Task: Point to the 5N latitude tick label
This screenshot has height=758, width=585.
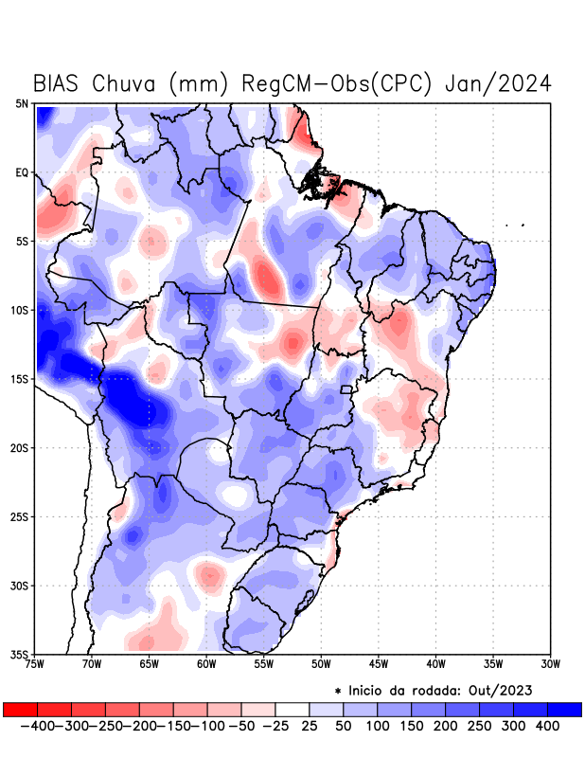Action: pyautogui.click(x=22, y=103)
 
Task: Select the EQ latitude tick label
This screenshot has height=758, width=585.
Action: pyautogui.click(x=22, y=172)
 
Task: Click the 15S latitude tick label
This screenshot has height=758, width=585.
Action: pyautogui.click(x=20, y=379)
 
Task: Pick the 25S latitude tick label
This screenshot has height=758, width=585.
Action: pyautogui.click(x=20, y=516)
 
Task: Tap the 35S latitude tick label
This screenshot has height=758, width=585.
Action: pyautogui.click(x=20, y=654)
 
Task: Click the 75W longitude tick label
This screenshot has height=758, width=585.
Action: pyautogui.click(x=36, y=664)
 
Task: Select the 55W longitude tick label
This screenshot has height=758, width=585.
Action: pyautogui.click(x=264, y=664)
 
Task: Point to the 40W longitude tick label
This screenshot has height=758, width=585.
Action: pyautogui.click(x=435, y=664)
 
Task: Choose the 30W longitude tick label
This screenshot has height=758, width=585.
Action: pyautogui.click(x=550, y=664)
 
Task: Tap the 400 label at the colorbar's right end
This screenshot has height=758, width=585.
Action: pyautogui.click(x=547, y=725)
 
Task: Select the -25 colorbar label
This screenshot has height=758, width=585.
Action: pyautogui.click(x=275, y=725)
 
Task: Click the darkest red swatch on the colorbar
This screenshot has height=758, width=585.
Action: pyautogui.click(x=20, y=709)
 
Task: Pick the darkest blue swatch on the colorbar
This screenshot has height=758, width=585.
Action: pyautogui.click(x=565, y=709)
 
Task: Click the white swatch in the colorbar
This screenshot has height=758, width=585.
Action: pyautogui.click(x=292, y=709)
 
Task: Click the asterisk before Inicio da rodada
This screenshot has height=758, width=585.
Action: pyautogui.click(x=338, y=691)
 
